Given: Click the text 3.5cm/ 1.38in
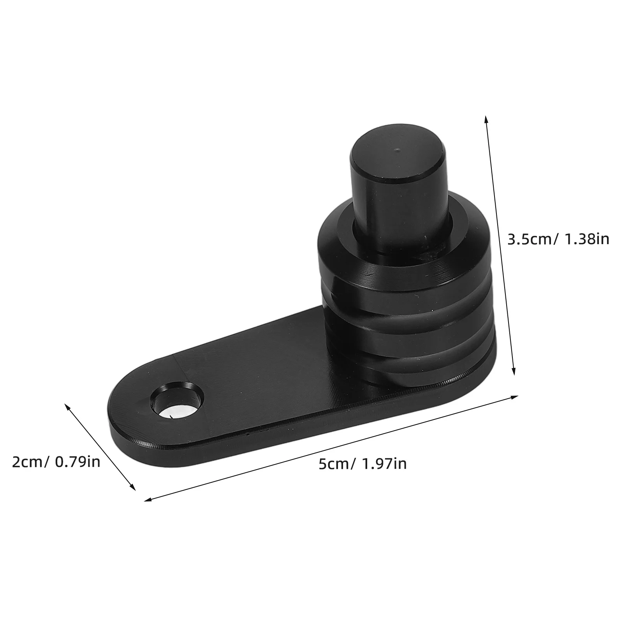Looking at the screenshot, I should pyautogui.click(x=558, y=239).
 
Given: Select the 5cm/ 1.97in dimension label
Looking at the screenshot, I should pyautogui.click(x=363, y=464).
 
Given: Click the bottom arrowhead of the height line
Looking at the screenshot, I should pyautogui.click(x=514, y=372).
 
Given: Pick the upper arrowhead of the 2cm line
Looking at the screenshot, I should pyautogui.click(x=67, y=407).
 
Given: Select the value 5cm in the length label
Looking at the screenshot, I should pyautogui.click(x=333, y=464).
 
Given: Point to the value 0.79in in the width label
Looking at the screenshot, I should pyautogui.click(x=77, y=462).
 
